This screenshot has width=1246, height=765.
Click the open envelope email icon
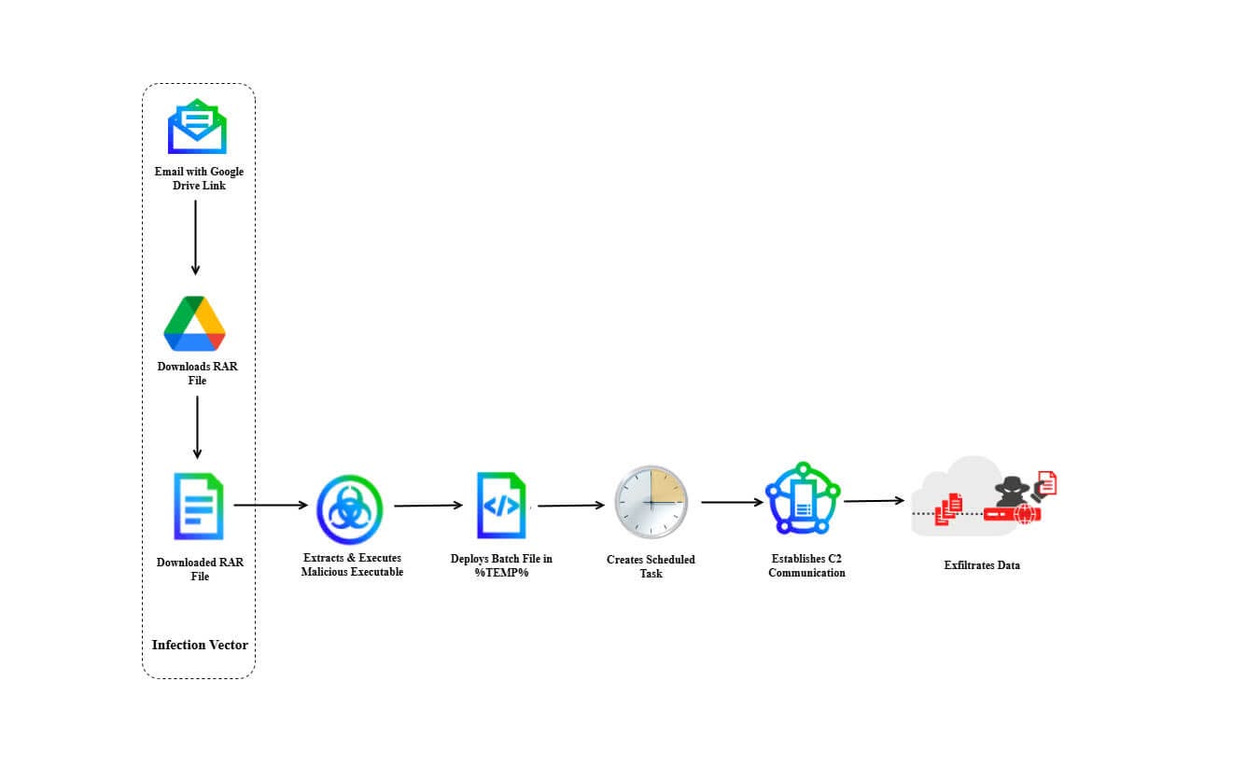click(197, 127)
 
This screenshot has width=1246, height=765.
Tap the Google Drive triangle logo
click(195, 324)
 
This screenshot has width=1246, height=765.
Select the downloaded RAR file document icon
click(199, 507)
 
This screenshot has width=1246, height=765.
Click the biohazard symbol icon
click(349, 509)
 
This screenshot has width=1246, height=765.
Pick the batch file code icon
click(501, 506)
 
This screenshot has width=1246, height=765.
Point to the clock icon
click(651, 502)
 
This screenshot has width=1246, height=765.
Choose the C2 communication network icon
click(803, 498)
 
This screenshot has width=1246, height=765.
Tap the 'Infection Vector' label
click(200, 645)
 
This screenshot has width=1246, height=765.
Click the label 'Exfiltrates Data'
click(981, 564)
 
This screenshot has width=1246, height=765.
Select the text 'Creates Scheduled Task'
click(651, 566)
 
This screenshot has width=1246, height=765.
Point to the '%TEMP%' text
click(501, 572)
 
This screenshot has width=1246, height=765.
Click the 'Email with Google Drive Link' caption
click(199, 178)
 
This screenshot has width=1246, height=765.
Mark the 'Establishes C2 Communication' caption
click(806, 565)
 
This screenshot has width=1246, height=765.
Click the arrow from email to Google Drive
click(195, 237)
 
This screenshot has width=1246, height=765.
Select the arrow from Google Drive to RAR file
click(197, 426)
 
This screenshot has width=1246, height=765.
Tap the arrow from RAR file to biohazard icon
click(271, 506)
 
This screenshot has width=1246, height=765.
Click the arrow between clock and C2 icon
click(732, 503)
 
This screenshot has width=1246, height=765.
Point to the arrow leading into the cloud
click(875, 501)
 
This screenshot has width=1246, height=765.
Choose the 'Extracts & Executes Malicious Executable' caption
click(352, 564)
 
